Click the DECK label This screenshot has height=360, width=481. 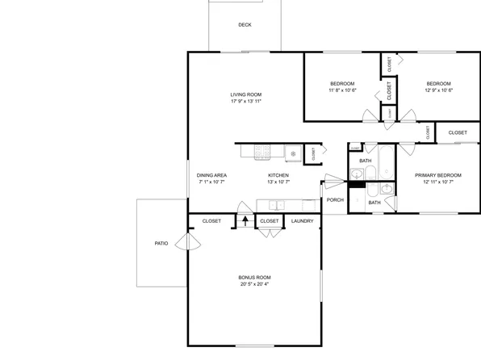point(245,25)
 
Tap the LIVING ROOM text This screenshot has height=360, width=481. point(246,94)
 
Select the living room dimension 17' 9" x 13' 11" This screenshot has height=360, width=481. point(246,102)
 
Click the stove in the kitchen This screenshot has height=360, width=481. point(262,151)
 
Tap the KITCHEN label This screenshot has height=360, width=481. point(278,175)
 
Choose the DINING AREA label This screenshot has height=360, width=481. point(211,175)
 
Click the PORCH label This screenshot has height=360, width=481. point(335,200)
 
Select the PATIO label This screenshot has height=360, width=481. point(161,243)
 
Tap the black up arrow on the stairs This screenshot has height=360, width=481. point(245,220)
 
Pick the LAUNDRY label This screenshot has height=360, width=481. point(302,220)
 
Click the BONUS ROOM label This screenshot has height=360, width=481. point(254,277)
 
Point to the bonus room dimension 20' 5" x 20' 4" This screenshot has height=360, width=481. point(254,284)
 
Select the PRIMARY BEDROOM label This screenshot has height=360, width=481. point(438,175)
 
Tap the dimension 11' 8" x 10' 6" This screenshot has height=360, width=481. point(342,90)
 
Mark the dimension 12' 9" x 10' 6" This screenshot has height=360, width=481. point(438,90)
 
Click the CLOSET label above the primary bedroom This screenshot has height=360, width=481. point(458,132)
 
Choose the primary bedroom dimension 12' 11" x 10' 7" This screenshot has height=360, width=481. point(438,182)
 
